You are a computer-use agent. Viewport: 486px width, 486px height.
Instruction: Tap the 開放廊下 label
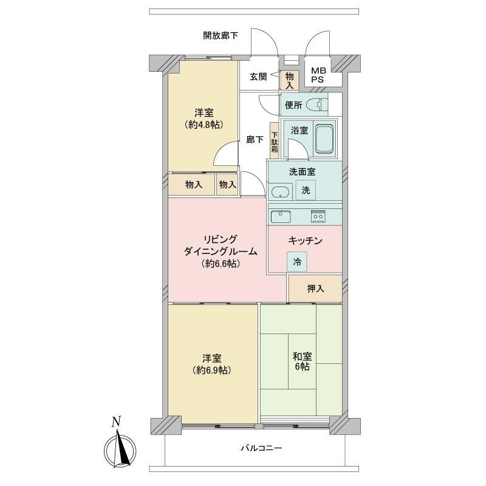[x=221, y=35]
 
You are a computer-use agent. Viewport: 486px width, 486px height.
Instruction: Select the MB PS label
[x=318, y=75]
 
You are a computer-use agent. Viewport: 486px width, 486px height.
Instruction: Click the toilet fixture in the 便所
[x=317, y=104]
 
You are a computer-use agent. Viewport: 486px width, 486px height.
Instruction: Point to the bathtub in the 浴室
[x=324, y=139]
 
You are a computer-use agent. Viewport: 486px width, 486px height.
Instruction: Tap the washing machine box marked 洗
[x=306, y=190]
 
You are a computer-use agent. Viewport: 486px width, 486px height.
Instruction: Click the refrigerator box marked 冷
[x=297, y=262]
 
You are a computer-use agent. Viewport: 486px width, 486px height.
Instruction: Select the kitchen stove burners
[x=318, y=216]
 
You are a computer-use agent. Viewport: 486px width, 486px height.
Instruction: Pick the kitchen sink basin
[x=281, y=216]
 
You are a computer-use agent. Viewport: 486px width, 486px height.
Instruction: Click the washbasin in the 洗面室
[x=281, y=193]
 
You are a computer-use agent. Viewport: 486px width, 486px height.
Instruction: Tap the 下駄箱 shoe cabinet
[x=275, y=141]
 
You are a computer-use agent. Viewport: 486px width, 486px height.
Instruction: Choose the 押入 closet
[x=315, y=289]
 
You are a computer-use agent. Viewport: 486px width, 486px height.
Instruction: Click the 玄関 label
[x=258, y=77]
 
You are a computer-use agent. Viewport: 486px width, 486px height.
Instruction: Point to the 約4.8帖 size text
[x=204, y=125]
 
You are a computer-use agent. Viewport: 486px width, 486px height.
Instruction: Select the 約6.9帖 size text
[x=212, y=370]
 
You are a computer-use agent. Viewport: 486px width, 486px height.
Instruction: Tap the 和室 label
[x=302, y=357]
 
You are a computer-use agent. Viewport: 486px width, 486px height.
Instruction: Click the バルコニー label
[x=262, y=448]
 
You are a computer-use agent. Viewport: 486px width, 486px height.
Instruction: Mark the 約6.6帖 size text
[x=221, y=264]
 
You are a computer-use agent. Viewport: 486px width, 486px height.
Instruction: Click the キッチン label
[x=306, y=241]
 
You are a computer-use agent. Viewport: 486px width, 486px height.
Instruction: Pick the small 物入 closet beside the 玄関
[x=290, y=80]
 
